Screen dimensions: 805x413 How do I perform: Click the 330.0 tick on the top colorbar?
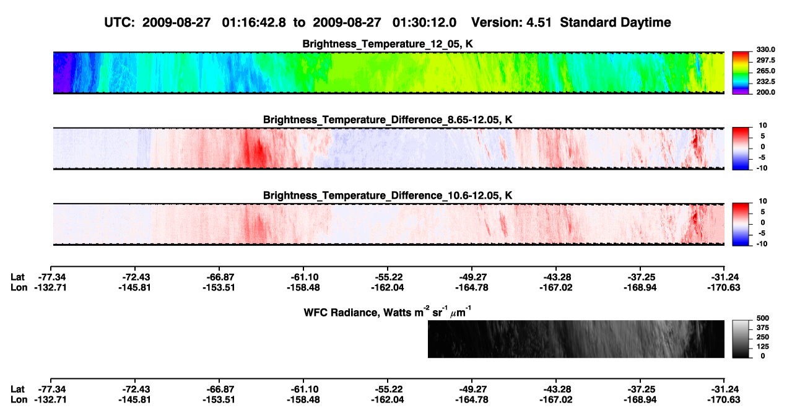[765, 50]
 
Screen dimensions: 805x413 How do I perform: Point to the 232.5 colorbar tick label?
[765, 82]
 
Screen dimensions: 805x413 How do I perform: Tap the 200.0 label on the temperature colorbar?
[765, 92]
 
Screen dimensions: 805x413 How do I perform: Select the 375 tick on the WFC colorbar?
[763, 328]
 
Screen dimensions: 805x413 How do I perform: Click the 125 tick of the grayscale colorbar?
[763, 347]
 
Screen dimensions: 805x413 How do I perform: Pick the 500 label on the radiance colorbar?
[763, 318]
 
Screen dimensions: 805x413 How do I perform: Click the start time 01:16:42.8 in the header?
[254, 23]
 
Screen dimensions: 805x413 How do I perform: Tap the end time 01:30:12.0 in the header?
[424, 23]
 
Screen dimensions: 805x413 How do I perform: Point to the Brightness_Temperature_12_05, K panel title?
[388, 44]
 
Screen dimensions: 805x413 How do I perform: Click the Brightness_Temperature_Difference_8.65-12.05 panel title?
[388, 120]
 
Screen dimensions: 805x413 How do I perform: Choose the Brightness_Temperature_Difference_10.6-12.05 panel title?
[388, 196]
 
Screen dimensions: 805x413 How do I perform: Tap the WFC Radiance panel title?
[388, 312]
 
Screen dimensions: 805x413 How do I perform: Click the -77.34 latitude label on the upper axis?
[52, 277]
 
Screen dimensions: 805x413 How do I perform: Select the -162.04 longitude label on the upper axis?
[388, 287]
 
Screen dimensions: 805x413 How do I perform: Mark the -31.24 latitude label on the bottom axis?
[724, 389]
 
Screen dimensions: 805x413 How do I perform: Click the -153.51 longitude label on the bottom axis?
[219, 400]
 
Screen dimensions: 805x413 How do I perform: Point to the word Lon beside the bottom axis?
[19, 400]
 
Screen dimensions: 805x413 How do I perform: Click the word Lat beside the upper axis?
[17, 277]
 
